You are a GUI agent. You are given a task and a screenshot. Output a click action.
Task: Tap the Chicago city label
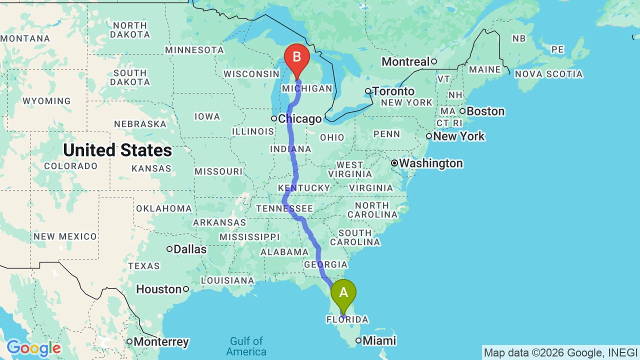[x=299, y=119]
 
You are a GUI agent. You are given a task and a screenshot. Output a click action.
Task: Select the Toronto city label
[x=393, y=91]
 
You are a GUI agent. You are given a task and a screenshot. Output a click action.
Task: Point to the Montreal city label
[x=405, y=61]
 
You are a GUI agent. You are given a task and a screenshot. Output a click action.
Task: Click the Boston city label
[x=485, y=111]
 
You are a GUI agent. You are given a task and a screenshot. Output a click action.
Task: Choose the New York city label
[x=459, y=136]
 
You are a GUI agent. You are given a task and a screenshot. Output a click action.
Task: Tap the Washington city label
[x=430, y=163]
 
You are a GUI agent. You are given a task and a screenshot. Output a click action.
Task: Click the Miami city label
[x=379, y=341]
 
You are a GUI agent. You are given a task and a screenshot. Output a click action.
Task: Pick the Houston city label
[x=159, y=289]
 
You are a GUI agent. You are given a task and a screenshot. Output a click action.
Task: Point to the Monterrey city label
[x=161, y=342]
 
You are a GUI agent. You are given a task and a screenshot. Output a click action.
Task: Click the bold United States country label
[x=117, y=150]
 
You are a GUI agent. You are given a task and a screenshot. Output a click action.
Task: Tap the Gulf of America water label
[x=246, y=346]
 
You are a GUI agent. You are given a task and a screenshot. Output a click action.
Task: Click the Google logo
[x=33, y=348]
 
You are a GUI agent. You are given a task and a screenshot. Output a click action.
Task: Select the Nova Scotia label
[x=548, y=74]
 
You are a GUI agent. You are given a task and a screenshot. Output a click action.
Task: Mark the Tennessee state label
[x=284, y=208]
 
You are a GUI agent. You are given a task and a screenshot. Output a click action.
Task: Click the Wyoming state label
[x=46, y=101]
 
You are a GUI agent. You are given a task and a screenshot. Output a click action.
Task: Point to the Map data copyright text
[x=560, y=352]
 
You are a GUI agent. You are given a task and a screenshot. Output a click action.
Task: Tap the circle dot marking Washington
[x=394, y=163]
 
